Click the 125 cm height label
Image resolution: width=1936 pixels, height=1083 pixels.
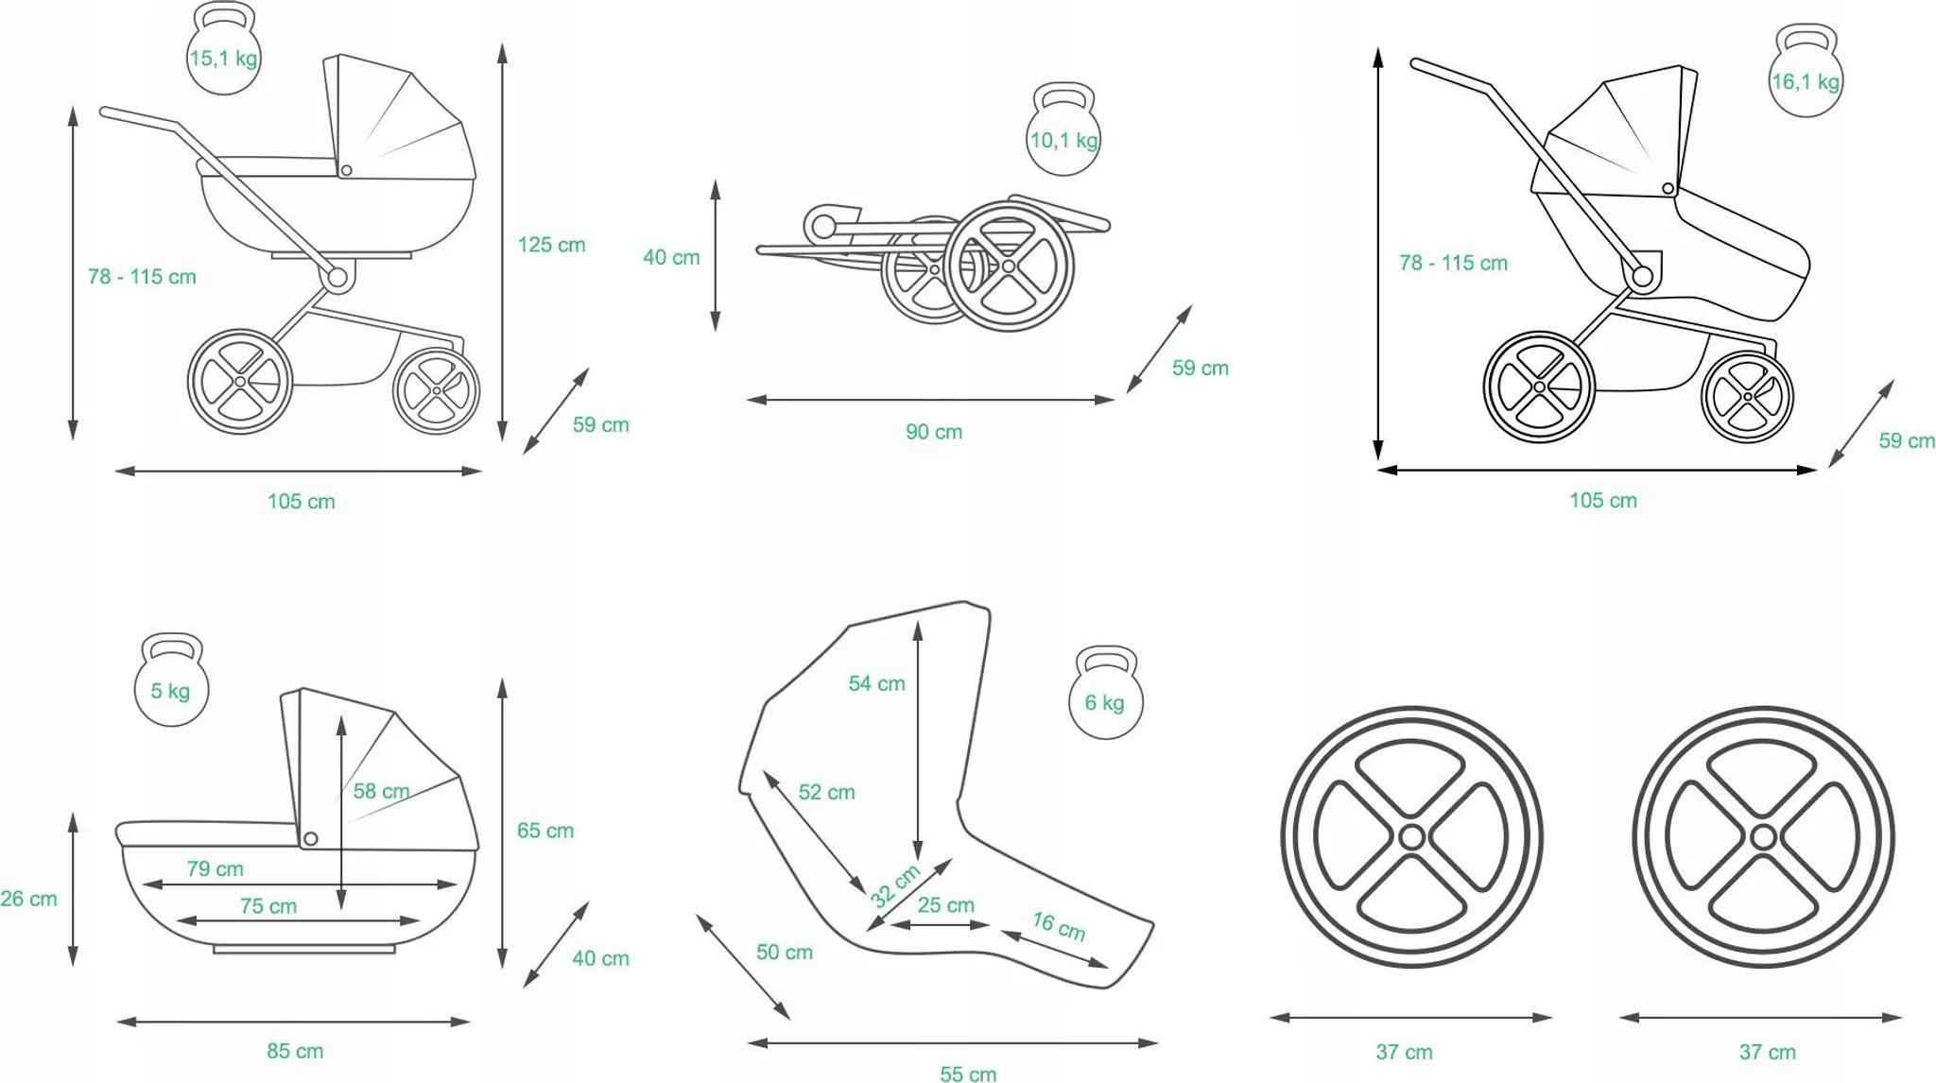551,245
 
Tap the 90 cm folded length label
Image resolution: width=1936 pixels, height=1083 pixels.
934,432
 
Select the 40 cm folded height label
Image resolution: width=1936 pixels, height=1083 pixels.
671,257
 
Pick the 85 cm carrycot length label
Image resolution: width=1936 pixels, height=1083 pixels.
295,1051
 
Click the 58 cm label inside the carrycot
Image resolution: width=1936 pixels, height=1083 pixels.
381,791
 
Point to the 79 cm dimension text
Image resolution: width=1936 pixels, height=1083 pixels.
215,868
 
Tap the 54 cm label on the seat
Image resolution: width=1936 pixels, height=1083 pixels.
876,683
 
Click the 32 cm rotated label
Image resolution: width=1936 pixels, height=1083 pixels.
894,885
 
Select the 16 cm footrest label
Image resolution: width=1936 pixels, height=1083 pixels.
1058,926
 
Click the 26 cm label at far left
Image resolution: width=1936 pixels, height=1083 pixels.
28,899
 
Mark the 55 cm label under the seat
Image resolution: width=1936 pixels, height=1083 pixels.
968,1074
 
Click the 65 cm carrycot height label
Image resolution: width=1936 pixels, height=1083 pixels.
544,831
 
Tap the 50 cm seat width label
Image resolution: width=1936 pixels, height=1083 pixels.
784,952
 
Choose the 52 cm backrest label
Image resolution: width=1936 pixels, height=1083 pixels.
826,792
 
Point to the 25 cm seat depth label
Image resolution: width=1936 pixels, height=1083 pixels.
945,904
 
